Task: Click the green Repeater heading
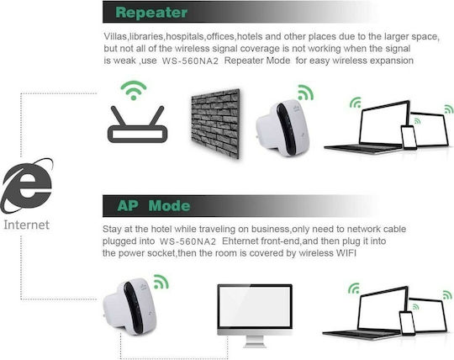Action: click(151, 13)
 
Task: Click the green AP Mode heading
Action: click(154, 205)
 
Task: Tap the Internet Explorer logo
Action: click(27, 186)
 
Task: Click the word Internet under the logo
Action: click(26, 225)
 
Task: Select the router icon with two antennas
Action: click(137, 124)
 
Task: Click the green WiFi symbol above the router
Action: click(134, 90)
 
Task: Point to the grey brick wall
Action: click(215, 124)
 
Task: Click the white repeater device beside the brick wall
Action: click(282, 128)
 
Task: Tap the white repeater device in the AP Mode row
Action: click(130, 306)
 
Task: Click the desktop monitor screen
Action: click(255, 307)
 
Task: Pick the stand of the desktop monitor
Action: click(255, 341)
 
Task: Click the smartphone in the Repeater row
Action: click(409, 138)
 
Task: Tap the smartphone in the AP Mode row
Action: click(407, 323)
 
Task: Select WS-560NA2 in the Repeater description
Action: click(190, 61)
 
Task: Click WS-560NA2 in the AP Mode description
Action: click(188, 241)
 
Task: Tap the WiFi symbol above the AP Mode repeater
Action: click(161, 282)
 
